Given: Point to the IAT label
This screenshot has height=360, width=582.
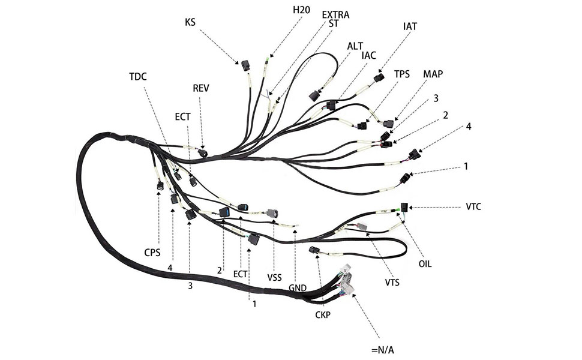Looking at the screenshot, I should pos(410,26).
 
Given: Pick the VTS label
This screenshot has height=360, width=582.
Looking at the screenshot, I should pos(393,282).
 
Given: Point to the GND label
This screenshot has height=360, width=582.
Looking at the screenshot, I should pos(298,287).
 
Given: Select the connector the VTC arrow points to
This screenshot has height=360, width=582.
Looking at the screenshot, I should pos(406,208).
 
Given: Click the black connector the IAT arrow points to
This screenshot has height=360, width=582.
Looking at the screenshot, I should pos(378,78).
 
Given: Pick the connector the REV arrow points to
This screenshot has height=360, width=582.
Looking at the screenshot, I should pos(203,153).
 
